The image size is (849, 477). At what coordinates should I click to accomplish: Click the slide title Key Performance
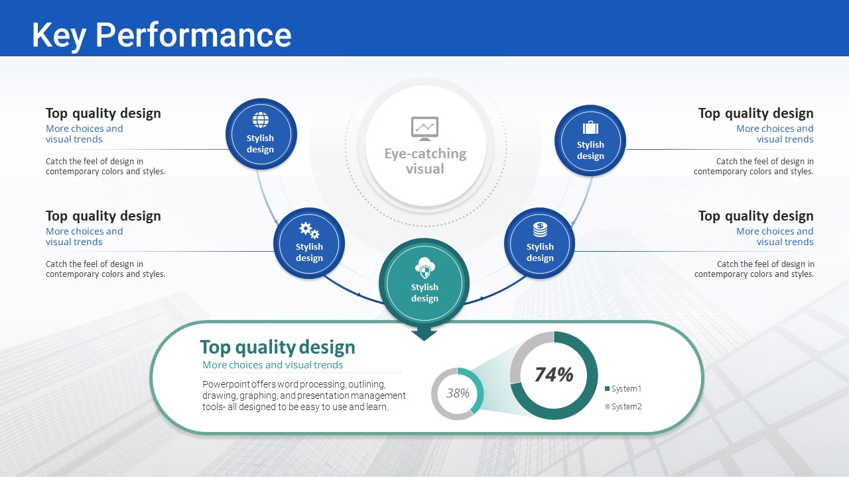click(161, 35)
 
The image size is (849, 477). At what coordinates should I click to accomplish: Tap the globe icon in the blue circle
click(261, 120)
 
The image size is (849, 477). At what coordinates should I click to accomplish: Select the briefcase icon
click(590, 127)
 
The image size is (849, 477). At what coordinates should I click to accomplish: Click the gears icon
click(309, 230)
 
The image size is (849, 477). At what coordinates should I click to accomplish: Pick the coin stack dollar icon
click(540, 229)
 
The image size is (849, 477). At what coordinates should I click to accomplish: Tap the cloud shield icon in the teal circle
click(425, 268)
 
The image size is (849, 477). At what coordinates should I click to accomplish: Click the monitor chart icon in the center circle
click(425, 129)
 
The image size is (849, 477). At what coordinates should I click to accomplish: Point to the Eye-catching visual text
click(425, 161)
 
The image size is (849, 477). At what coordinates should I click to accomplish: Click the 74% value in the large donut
click(554, 374)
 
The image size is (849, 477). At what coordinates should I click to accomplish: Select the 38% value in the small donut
click(458, 393)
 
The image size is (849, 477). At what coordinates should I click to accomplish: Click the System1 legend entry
click(623, 388)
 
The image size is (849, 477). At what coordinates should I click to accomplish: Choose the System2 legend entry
click(623, 406)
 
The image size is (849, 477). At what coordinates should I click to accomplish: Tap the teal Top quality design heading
click(277, 347)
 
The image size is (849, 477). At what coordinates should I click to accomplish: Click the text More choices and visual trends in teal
click(273, 364)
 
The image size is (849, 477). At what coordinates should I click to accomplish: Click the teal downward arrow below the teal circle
click(424, 335)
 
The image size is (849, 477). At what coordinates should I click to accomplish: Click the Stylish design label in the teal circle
click(424, 293)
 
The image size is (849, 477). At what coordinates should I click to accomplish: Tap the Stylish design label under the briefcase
click(590, 150)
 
